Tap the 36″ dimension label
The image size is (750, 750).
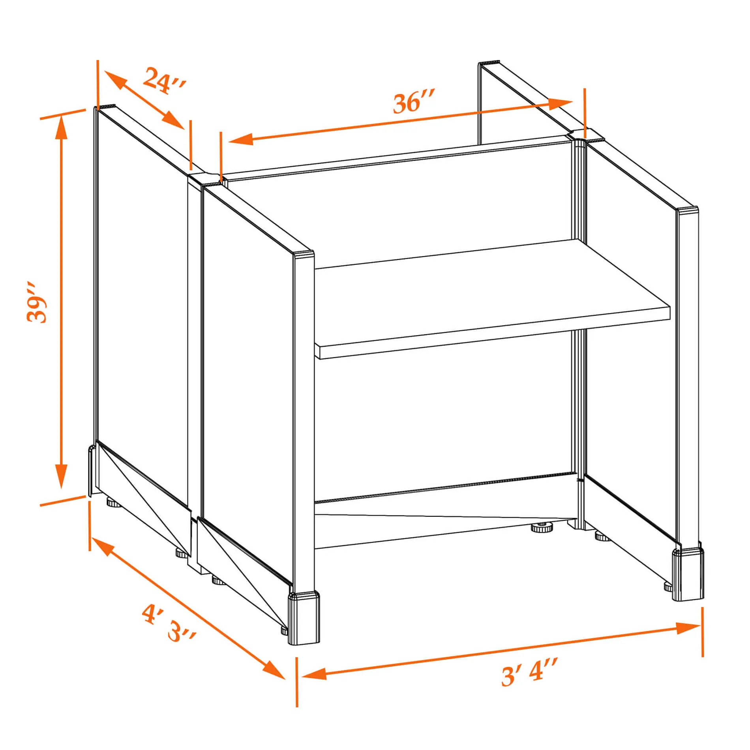pyautogui.click(x=414, y=102)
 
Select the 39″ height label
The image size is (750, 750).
pyautogui.click(x=37, y=302)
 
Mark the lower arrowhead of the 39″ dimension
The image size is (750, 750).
pyautogui.click(x=61, y=476)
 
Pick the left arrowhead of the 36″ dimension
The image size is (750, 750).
pyautogui.click(x=241, y=139)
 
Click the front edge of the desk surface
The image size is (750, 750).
pyautogui.click(x=493, y=333)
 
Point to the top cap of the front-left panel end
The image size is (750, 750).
pyautogui.click(x=304, y=254)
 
